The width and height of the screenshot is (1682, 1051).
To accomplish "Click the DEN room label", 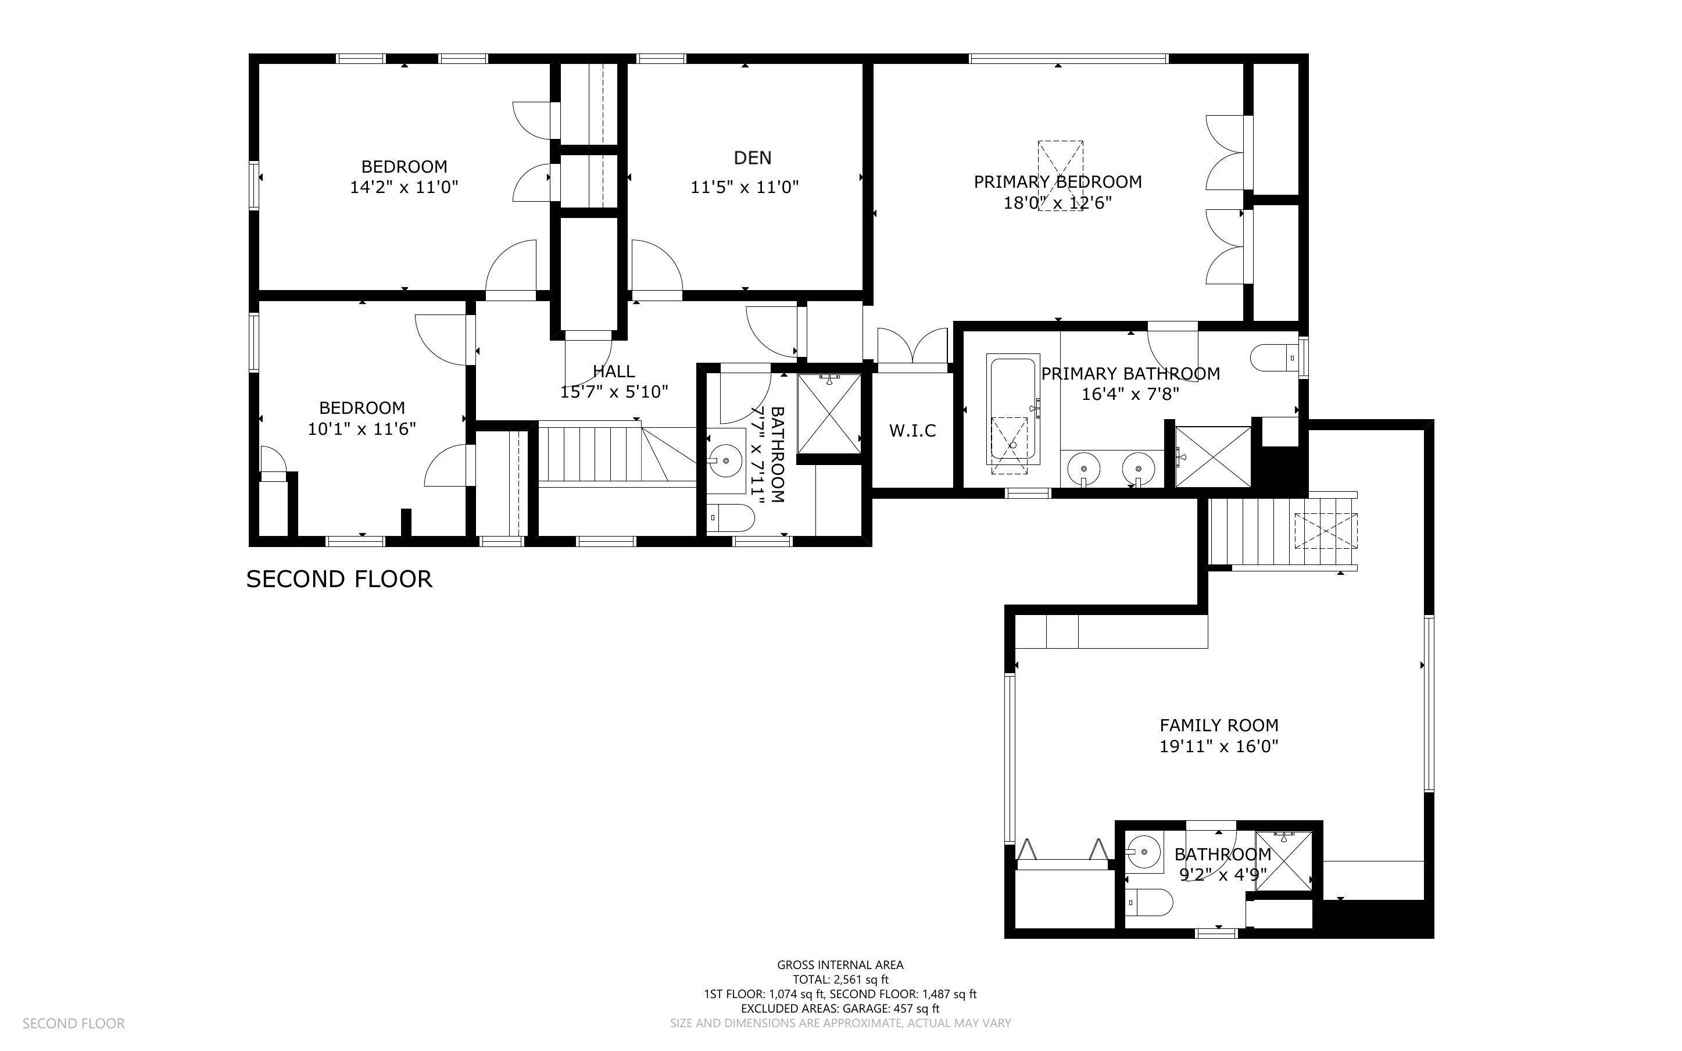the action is (753, 158).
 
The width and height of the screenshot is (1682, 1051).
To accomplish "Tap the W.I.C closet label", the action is (912, 430).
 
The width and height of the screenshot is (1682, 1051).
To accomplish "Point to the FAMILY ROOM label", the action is (1219, 725).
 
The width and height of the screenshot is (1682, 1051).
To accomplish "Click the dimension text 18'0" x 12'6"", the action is (1057, 203).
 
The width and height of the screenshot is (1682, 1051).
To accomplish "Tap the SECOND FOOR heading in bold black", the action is (339, 579).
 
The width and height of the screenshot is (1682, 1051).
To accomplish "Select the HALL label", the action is (614, 371).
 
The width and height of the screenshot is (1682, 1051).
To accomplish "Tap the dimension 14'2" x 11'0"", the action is (404, 187).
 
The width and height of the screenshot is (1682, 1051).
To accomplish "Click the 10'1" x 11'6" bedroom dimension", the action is (362, 428).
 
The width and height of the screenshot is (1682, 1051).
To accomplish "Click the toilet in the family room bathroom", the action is (1148, 903).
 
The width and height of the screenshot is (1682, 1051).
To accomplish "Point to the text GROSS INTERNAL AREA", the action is (840, 965).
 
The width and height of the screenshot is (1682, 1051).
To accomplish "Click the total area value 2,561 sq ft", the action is (861, 979).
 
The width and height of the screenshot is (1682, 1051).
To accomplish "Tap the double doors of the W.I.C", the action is (912, 345).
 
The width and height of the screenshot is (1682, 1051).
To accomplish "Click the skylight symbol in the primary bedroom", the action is (1060, 176).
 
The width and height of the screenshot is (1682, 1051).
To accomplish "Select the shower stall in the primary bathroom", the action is (1213, 457).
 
